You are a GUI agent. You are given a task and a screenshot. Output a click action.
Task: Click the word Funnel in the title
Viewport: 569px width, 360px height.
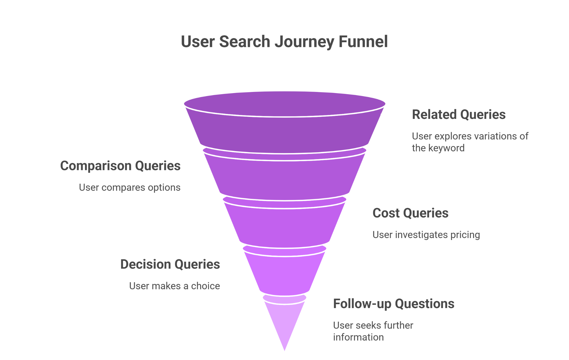[363, 42]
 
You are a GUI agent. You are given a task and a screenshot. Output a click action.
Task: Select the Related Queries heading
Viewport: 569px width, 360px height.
[459, 114]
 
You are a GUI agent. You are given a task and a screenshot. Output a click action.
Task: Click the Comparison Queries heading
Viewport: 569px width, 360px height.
[120, 166]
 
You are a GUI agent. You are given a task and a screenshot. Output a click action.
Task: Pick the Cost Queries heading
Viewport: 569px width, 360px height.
[410, 213]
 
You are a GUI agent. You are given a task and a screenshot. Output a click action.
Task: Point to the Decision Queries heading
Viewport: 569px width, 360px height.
[170, 264]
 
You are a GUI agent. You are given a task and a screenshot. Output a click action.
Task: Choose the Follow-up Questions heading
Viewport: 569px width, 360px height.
[394, 304]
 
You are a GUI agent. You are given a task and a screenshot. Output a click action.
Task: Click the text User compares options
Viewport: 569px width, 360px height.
[130, 187]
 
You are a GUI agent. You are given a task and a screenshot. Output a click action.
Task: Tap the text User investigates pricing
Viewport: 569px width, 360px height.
[426, 235]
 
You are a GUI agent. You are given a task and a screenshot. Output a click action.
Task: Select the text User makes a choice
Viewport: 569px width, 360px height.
[174, 286]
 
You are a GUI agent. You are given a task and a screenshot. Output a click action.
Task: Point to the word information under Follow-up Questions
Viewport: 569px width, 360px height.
[358, 337]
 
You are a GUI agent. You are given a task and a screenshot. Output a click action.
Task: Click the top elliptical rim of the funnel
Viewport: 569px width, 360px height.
[284, 104]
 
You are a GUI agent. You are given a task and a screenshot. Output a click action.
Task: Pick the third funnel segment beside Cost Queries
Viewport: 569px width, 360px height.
[284, 226]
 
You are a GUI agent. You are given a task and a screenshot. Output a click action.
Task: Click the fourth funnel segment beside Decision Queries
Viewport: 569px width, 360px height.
[284, 275]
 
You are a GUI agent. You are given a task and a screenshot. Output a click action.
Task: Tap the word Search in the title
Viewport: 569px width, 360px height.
[244, 42]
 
